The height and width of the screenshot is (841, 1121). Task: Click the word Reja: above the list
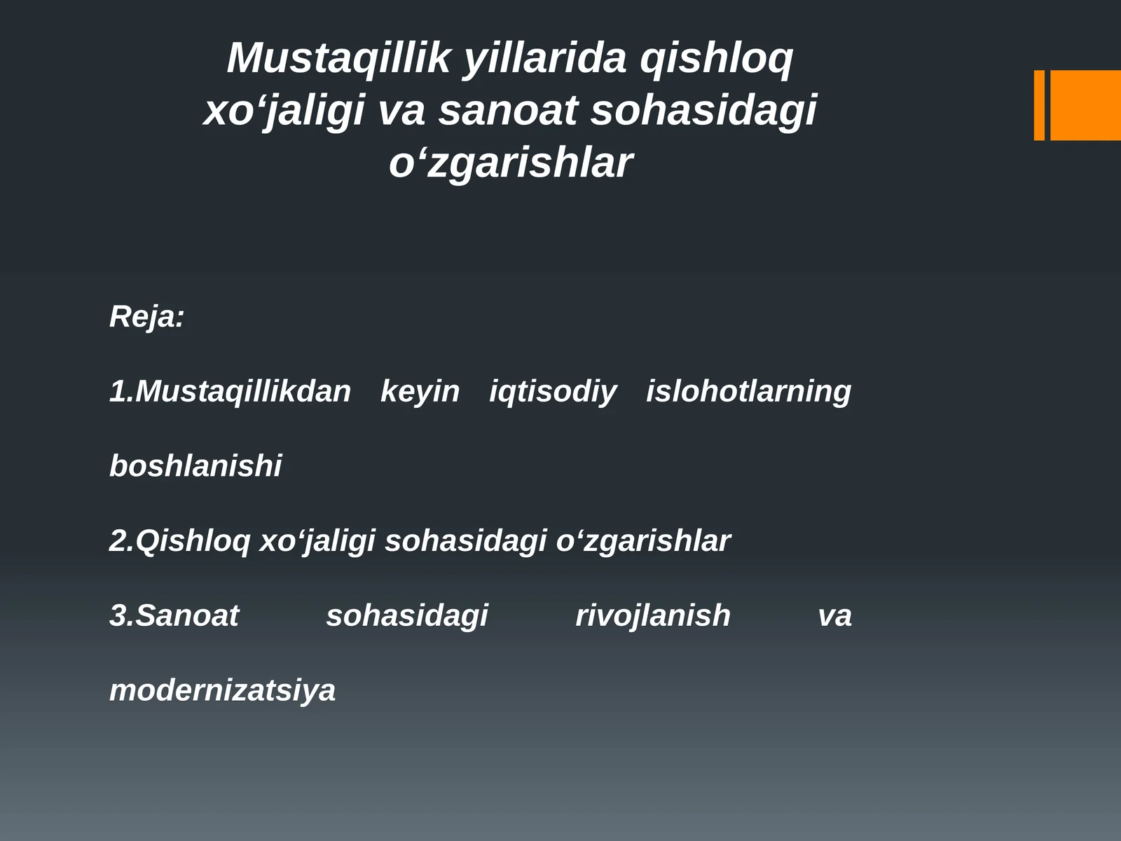tap(146, 317)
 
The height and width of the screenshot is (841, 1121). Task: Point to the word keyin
tap(420, 391)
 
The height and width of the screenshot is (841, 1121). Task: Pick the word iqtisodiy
tap(553, 391)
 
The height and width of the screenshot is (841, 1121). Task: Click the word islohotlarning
tap(748, 391)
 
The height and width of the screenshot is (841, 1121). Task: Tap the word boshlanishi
tap(195, 466)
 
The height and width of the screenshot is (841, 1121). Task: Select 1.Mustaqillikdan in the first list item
tap(230, 391)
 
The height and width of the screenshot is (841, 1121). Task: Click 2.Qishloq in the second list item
tap(179, 541)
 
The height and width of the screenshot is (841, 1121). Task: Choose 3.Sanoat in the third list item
tap(174, 615)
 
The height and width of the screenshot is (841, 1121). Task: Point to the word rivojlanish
tap(653, 615)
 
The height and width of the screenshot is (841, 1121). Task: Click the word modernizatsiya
tap(223, 690)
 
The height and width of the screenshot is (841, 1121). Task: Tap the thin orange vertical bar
tap(1039, 105)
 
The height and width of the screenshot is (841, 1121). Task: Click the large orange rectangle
tap(1085, 105)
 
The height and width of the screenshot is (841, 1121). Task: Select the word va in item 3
tap(835, 615)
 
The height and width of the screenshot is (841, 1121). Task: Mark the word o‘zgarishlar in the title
tap(511, 163)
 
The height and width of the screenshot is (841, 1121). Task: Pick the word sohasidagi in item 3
tap(407, 615)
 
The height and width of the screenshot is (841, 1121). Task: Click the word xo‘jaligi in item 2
tap(317, 541)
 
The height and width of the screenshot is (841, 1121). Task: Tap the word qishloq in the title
tap(716, 58)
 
